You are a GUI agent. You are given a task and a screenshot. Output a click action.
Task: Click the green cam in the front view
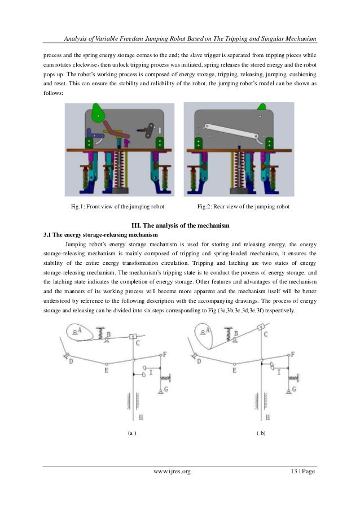tap(98, 112)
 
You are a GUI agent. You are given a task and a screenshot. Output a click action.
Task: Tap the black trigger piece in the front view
tap(150, 128)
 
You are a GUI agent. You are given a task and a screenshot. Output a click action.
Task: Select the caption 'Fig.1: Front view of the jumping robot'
tap(117, 207)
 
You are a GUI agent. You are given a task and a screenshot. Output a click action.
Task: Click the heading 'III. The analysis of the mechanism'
tap(180, 226)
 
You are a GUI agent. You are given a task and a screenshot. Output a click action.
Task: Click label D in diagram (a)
tap(71, 361)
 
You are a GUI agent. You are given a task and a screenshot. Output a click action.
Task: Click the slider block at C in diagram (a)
tap(133, 337)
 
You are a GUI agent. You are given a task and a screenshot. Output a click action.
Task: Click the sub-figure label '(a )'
tap(131, 433)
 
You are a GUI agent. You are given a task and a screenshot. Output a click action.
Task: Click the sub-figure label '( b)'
tap(261, 433)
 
